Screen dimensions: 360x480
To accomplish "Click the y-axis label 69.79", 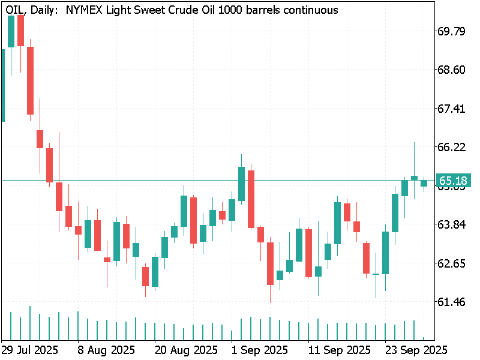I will pos(452,31).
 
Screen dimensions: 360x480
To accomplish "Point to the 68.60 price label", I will pos(452,70).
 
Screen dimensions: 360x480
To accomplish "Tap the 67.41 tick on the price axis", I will pos(452,109).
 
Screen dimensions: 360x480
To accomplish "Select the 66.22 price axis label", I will pos(452,147).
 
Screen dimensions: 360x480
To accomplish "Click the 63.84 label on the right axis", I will pos(452,224).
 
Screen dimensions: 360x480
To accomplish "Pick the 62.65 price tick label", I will pos(452,263).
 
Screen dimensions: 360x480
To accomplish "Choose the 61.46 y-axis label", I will pos(452,302).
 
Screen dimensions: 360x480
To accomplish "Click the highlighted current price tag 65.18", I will pos(453,180).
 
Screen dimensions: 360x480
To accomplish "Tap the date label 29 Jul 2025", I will pos(29,349).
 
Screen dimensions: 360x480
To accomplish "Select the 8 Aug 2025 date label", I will pos(106,349).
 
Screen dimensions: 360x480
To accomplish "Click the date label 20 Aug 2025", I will pos(186,349).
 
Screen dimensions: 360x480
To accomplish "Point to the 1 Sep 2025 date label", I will pos(260,349).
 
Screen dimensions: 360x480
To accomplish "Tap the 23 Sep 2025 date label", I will pos(414,349).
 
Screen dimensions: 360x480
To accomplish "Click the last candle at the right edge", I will pos(424,183).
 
